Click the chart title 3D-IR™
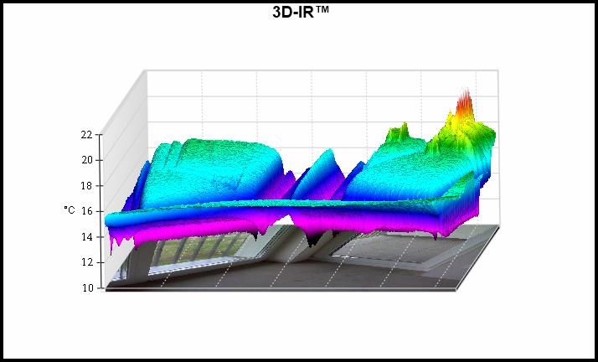(x=301, y=13)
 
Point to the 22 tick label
(x=86, y=135)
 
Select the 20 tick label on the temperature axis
(x=86, y=160)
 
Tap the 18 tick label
(x=86, y=186)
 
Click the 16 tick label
(x=86, y=211)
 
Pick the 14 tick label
(x=86, y=237)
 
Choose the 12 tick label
(x=86, y=262)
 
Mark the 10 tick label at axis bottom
(x=86, y=288)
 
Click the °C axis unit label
(x=70, y=209)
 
